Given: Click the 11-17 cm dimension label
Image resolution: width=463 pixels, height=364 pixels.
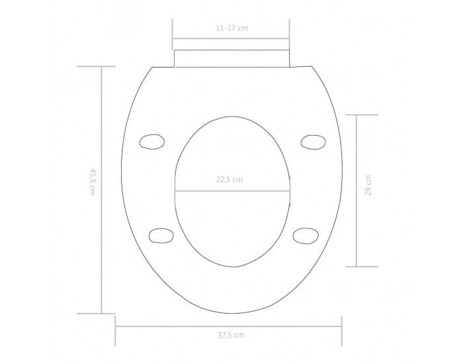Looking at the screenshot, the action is coord(232,28).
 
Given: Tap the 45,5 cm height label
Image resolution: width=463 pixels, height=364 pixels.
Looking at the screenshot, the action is coord(93,182).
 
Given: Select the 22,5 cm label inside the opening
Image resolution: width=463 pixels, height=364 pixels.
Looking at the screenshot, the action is coord(229,179).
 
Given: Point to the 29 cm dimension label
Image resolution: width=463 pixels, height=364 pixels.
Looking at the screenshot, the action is coord(368,185).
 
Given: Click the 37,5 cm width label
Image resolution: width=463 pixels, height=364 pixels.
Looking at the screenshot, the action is coord(231,335).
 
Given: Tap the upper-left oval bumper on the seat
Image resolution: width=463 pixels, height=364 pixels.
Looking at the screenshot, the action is coord(152,142).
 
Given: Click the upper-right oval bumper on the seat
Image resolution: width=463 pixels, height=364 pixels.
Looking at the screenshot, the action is coord(314,142).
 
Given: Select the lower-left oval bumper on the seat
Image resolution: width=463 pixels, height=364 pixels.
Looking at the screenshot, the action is coord(161,236).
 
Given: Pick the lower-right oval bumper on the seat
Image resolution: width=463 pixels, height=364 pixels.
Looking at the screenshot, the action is coord(306,236).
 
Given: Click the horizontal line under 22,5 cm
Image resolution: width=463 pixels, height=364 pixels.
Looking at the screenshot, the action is coord(232,191).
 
